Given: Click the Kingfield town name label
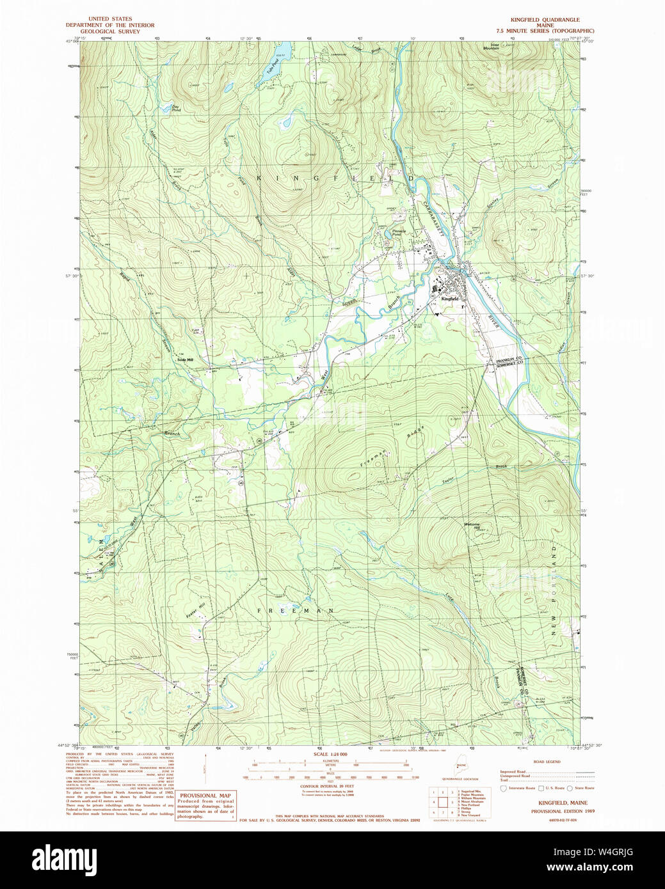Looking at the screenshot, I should [449, 299].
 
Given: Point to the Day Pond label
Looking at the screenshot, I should [176, 108].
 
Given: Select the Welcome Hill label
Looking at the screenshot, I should [472, 526].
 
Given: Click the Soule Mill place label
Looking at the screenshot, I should [186, 359].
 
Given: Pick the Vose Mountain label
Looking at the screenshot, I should [490, 47].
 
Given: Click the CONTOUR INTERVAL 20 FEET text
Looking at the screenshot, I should [327, 785].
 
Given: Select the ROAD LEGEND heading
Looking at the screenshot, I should [547, 762].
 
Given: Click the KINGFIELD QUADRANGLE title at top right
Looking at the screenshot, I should [545, 20].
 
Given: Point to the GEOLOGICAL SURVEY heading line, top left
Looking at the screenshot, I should [110, 31].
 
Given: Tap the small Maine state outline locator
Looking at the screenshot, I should [461, 767].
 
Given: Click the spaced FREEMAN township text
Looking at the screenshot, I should [296, 611].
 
